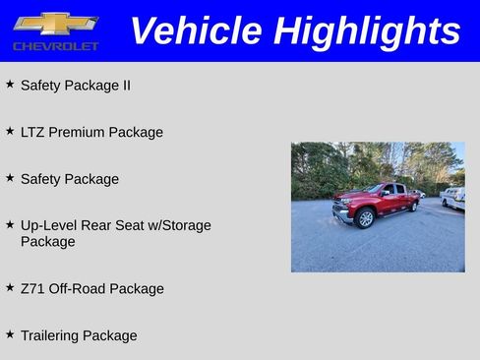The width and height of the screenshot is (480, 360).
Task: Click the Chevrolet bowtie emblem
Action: pyautogui.click(x=55, y=24)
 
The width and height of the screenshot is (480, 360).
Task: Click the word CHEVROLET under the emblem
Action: pyautogui.click(x=55, y=46)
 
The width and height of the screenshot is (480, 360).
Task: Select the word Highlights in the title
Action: pyautogui.click(x=367, y=30)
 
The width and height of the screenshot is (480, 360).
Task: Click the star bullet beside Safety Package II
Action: pyautogui.click(x=10, y=85)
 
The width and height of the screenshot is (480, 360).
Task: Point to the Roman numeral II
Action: pyautogui.click(x=125, y=86)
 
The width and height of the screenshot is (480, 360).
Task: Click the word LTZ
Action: pyautogui.click(x=32, y=132)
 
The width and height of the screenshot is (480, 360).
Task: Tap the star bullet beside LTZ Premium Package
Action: pyautogui.click(x=10, y=131)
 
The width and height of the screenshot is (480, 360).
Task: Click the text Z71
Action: pyautogui.click(x=32, y=288)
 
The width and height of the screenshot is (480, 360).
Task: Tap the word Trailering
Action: pyautogui.click(x=49, y=335)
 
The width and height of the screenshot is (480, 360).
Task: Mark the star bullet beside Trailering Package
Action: pyautogui.click(x=10, y=334)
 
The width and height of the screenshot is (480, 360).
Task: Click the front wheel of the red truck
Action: pyautogui.click(x=365, y=218)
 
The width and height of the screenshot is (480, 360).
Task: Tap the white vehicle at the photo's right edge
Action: pyautogui.click(x=453, y=198)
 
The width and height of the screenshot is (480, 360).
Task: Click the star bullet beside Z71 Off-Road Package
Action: pyautogui.click(x=10, y=287)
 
